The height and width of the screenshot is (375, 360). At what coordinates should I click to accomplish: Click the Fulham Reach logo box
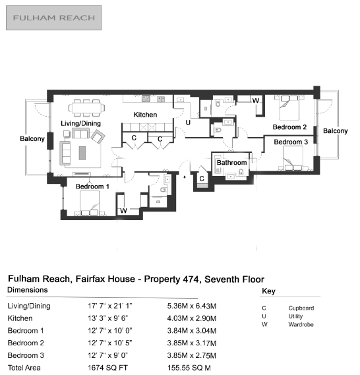click(54, 18)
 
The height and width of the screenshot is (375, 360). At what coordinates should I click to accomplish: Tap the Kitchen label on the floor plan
click(145, 115)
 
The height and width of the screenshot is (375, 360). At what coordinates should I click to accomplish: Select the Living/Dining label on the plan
click(80, 123)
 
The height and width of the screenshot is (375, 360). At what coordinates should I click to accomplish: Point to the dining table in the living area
click(86, 107)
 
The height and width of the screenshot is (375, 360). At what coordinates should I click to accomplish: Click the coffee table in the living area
click(82, 153)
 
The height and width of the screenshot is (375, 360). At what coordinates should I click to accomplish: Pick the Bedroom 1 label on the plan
click(92, 187)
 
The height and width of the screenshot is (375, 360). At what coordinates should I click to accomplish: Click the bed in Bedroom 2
click(289, 107)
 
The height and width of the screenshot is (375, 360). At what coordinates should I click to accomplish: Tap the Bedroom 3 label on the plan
click(291, 142)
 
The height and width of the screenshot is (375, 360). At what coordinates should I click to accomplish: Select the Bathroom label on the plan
click(231, 163)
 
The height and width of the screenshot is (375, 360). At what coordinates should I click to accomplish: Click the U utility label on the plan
click(188, 123)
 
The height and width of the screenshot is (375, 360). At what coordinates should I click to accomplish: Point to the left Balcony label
click(32, 138)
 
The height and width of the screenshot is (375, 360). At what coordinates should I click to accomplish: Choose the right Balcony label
click(336, 130)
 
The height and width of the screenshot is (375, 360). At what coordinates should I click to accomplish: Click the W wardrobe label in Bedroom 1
click(123, 211)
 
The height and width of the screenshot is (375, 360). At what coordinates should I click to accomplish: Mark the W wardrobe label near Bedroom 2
click(256, 100)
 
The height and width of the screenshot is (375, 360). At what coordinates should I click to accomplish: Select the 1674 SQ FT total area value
click(107, 368)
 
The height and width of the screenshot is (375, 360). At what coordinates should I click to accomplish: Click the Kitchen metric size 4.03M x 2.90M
click(192, 318)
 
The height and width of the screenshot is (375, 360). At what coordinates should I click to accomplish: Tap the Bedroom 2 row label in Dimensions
click(26, 343)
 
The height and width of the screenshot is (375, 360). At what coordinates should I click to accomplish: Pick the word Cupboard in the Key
click(301, 308)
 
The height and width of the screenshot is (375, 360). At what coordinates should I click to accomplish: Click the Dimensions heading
click(28, 290)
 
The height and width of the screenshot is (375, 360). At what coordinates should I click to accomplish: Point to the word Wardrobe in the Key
click(301, 324)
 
